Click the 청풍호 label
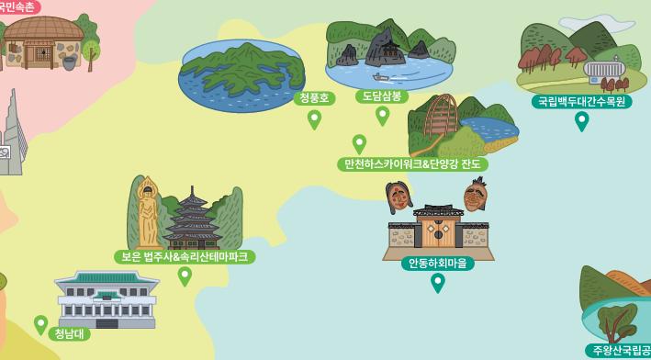pyautogui.click(x=314, y=97)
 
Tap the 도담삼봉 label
pyautogui.click(x=382, y=96)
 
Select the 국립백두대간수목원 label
pyautogui.click(x=581, y=101)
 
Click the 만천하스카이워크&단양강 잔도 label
pyautogui.click(x=412, y=164)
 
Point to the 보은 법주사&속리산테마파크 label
pyautogui.click(x=185, y=257)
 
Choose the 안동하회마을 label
pyautogui.click(x=437, y=264)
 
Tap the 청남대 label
pyautogui.click(x=69, y=333)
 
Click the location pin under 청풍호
pyautogui.click(x=314, y=118)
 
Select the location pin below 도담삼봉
pyautogui.click(x=382, y=115)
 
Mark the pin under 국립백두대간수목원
pyautogui.click(x=581, y=120)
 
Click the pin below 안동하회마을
pyautogui.click(x=438, y=282)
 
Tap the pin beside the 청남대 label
pyautogui.click(x=40, y=324)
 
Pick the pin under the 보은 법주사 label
pyautogui.click(x=185, y=276)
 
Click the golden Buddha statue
pyautogui.click(x=147, y=213)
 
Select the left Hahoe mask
pyautogui.click(x=398, y=196)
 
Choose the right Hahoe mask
pyautogui.click(x=475, y=195)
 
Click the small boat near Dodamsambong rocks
pyautogui.click(x=381, y=77)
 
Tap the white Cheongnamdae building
pyautogui.click(x=107, y=298)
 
